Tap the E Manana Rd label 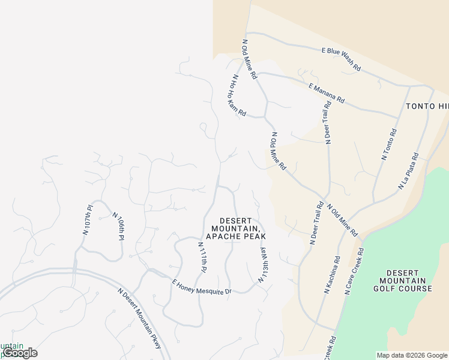pyautogui.click(x=327, y=92)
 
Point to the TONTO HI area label pyautogui.click(x=427, y=106)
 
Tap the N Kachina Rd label pyautogui.click(x=332, y=275)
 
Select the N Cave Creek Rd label pyautogui.click(x=354, y=271)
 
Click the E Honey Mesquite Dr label pyautogui.click(x=202, y=287)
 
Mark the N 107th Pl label pyautogui.click(x=88, y=220)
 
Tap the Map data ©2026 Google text pyautogui.click(x=412, y=355)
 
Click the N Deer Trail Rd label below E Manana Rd pyautogui.click(x=328, y=122)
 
